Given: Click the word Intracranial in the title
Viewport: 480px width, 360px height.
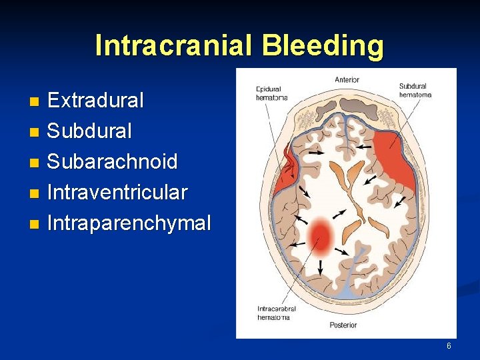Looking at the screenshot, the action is point(175,46).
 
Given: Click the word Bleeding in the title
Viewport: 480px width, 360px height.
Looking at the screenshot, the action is point(323,46).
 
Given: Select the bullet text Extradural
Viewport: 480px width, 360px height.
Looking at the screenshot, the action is point(95,101).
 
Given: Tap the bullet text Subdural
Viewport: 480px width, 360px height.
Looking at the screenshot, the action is point(89,131).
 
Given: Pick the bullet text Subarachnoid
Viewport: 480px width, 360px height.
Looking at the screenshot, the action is point(112,162).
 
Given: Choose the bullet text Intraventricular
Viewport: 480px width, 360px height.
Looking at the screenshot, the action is point(117,193).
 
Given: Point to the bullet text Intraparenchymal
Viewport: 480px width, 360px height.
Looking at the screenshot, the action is point(129,223).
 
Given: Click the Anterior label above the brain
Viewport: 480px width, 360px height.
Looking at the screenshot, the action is point(347,80).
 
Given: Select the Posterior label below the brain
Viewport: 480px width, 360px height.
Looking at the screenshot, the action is point(343,325).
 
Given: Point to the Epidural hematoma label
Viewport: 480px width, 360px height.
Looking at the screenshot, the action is point(272,93).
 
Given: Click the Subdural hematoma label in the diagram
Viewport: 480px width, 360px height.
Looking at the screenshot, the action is point(415,90).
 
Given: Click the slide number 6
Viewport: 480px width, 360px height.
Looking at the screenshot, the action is point(449,346).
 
